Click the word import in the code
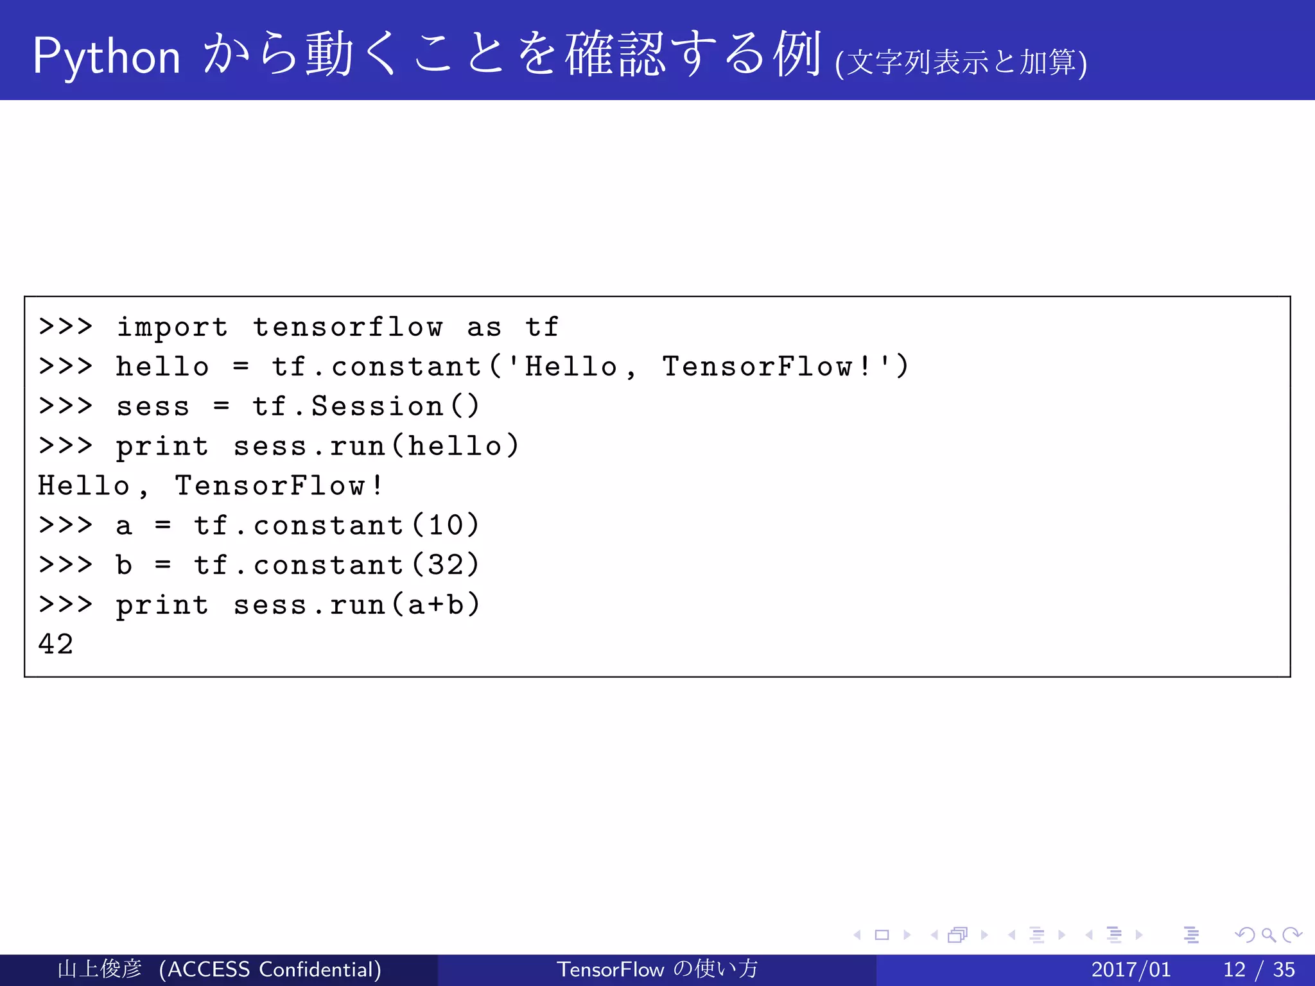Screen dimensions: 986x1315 click(x=171, y=327)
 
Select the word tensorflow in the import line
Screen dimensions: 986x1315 click(x=347, y=327)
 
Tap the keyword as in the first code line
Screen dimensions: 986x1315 click(x=483, y=327)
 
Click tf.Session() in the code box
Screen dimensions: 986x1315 click(x=365, y=406)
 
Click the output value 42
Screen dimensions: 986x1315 click(x=56, y=644)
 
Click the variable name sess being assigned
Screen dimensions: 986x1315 click(x=153, y=407)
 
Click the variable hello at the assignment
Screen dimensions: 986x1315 click(x=162, y=367)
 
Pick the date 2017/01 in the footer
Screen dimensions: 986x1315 click(x=1131, y=969)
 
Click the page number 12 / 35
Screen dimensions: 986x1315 click(x=1258, y=969)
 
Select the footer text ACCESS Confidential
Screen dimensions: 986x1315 click(x=270, y=969)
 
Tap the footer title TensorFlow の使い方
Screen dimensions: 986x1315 click(x=657, y=969)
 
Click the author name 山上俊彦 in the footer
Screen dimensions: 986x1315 click(x=100, y=969)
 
